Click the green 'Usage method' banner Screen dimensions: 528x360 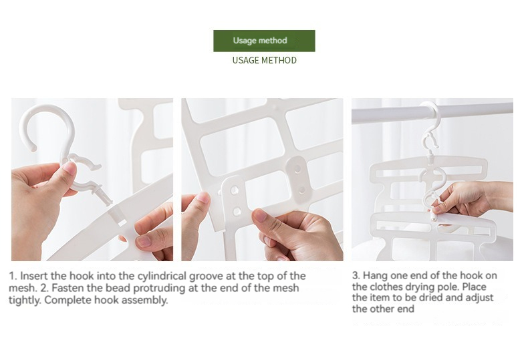pos(264,41)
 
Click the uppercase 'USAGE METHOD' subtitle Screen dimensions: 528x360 pos(265,60)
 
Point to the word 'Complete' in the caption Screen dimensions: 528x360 pos(65,300)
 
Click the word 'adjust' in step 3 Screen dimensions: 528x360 pos(479,298)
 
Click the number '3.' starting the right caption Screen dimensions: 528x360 pos(356,276)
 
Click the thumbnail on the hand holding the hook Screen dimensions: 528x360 pos(70,168)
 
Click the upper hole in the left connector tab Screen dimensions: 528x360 pos(235,191)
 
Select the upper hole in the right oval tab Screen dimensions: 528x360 pos(297,168)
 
